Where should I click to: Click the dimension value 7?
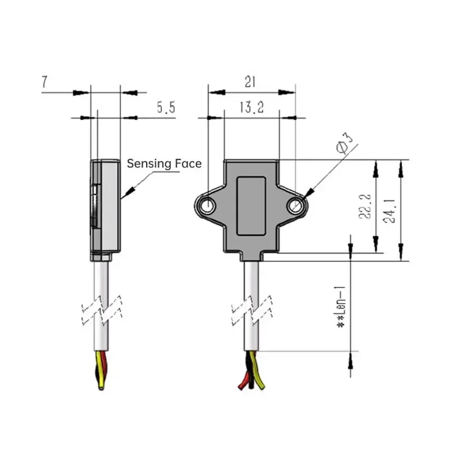tap(44, 82)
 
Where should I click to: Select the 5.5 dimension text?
tap(165, 107)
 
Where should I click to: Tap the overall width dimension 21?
tap(249, 82)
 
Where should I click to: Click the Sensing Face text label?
tap(164, 164)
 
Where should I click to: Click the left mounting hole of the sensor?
tap(206, 204)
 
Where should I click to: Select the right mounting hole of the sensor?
tap(296, 205)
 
